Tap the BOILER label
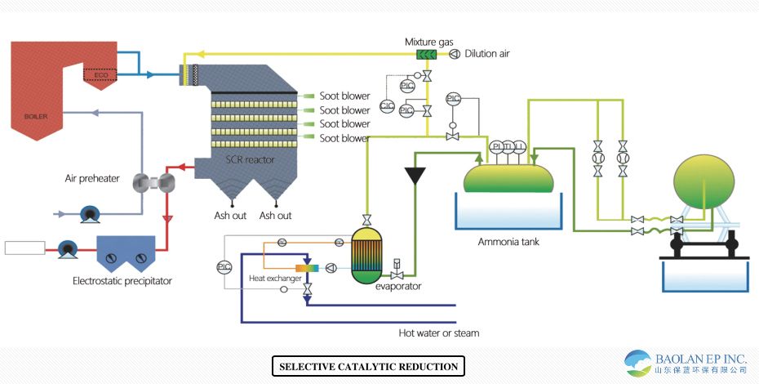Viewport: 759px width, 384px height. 36,116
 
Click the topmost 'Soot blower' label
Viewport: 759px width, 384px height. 344,96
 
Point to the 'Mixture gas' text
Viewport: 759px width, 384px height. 428,42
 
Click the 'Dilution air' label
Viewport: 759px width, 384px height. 487,54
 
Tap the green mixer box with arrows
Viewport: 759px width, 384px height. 427,55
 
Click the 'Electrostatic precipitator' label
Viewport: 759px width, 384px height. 122,281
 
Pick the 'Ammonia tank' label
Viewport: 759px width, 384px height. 508,242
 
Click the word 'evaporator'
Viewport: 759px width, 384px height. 398,286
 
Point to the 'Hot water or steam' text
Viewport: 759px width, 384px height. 438,333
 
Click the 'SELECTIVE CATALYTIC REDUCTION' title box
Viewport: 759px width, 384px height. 368,366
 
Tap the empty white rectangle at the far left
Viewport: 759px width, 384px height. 24,248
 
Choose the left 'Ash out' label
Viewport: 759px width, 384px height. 220,216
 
